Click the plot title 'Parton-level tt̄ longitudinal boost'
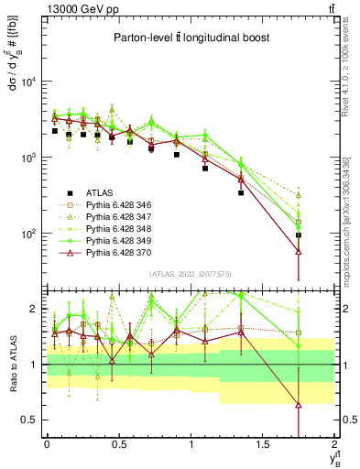(190, 38)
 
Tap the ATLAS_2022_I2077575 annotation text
(190, 272)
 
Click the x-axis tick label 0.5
(118, 443)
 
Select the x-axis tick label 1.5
(263, 443)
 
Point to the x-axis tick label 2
(335, 443)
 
